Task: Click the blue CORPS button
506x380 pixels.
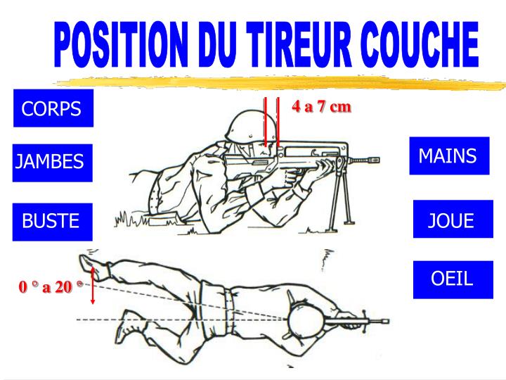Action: pos(53,109)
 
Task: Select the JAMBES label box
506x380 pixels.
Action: pos(51,163)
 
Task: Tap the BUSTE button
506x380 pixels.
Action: pos(51,221)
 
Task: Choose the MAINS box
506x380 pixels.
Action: pos(448,156)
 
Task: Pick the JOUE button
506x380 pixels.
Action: pos(451,221)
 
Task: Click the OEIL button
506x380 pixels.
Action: pos(452,279)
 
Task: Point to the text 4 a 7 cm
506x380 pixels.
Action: pos(321,107)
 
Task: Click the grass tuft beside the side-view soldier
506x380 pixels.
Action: pos(126,219)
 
